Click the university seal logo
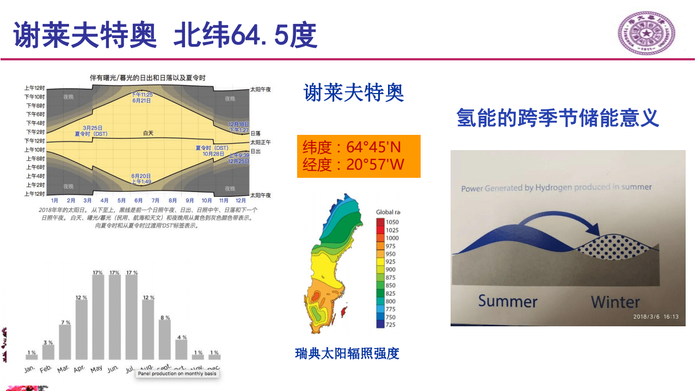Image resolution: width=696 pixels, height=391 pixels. pos(646,34)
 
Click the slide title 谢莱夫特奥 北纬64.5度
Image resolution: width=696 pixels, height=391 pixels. pos(165,35)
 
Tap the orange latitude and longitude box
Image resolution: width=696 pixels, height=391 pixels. pos(359,156)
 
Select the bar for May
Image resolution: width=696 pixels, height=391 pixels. pos(98,317)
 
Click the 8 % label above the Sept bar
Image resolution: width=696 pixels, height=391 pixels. pos(165,318)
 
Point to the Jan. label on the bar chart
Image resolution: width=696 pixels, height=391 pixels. pos(30,369)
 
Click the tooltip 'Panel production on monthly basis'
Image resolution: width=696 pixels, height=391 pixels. pos(177,374)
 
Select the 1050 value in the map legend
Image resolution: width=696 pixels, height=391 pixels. pos(392,222)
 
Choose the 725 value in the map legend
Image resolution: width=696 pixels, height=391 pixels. pos(390,325)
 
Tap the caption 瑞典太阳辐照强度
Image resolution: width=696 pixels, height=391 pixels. pos(347,353)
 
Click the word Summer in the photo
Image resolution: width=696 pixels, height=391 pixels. pos(508,301)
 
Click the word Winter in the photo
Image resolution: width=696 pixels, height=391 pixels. pos(615,302)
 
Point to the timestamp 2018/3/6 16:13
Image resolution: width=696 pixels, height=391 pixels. pos(656,316)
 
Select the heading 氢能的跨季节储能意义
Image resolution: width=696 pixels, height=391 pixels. pos(558,117)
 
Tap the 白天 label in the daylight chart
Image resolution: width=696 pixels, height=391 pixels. pos(149,133)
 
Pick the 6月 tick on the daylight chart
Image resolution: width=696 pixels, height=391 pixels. pos(139,201)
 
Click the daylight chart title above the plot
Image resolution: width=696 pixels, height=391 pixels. pos(147,78)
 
